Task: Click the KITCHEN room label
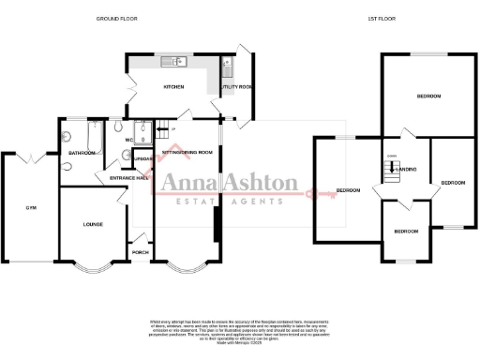[x=173, y=87]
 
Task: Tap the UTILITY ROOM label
[x=236, y=87]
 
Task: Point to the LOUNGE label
[x=93, y=224]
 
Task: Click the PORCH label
[x=141, y=252]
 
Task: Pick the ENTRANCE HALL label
[x=130, y=178]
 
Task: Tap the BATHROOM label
[x=82, y=153]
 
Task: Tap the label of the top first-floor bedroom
[x=429, y=97]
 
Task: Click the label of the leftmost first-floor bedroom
[x=349, y=190]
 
